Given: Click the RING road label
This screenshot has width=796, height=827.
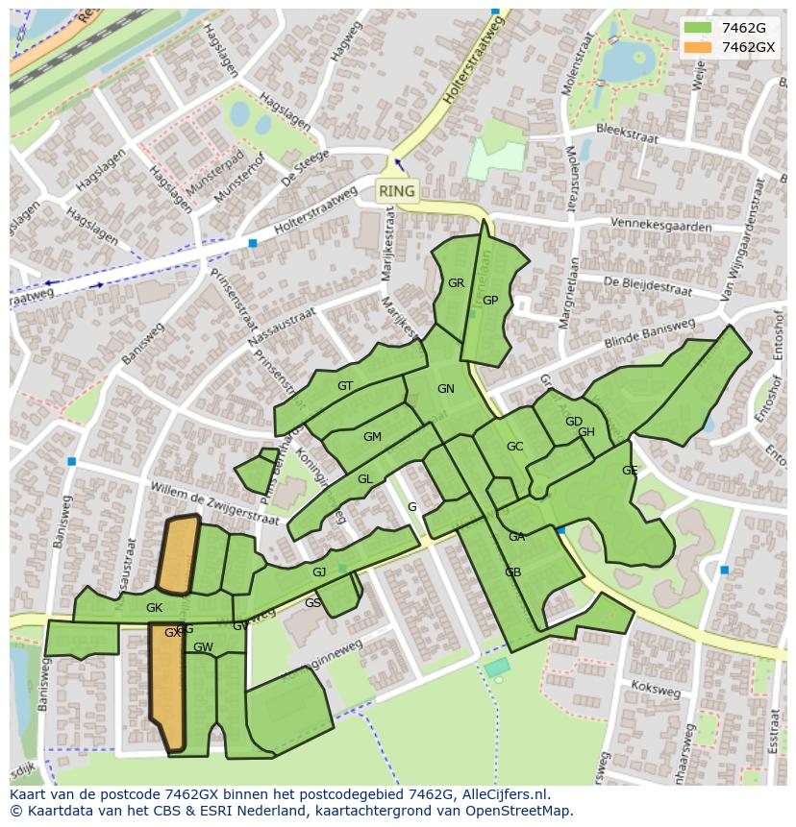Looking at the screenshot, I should (x=396, y=191).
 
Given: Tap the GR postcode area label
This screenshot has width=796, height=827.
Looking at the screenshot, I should (x=456, y=283).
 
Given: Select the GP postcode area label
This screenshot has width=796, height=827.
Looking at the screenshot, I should (x=490, y=301).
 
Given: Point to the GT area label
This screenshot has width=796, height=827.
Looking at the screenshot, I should (x=345, y=386).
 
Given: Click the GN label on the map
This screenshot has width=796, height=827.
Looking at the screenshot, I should (x=445, y=389).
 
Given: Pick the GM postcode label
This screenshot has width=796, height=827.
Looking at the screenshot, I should (x=372, y=437).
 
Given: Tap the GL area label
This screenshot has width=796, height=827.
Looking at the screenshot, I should (x=364, y=479).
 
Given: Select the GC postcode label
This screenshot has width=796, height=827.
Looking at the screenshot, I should (x=514, y=447).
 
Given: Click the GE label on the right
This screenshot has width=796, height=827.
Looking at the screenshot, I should (x=630, y=471).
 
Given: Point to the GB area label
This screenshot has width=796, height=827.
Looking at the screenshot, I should (x=512, y=572).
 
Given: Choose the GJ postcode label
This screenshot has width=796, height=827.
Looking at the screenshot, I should (x=319, y=572).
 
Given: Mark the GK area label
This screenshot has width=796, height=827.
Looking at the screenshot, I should (x=154, y=608).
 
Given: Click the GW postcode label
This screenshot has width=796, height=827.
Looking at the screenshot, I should (x=203, y=647).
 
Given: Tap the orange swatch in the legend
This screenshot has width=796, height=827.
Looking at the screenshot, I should (x=699, y=47).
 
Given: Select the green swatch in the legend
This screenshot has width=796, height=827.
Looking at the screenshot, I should (x=699, y=28).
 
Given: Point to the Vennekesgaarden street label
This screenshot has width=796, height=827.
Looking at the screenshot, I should (x=660, y=226).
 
